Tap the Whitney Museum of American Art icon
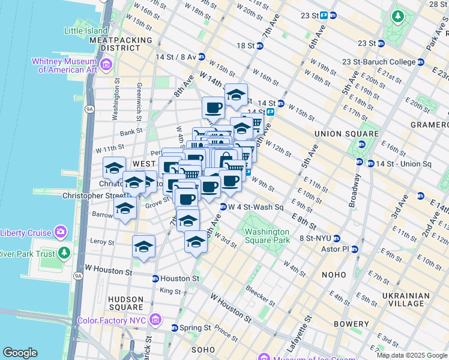coord(106,64)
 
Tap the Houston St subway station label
coord(179,278)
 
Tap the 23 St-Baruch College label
coord(379,62)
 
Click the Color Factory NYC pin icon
coord(156,319)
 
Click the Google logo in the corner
coord(20,353)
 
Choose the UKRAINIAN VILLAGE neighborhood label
coord(405,300)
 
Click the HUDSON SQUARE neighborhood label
coord(125,304)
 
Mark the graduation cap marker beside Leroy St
coord(144,247)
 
